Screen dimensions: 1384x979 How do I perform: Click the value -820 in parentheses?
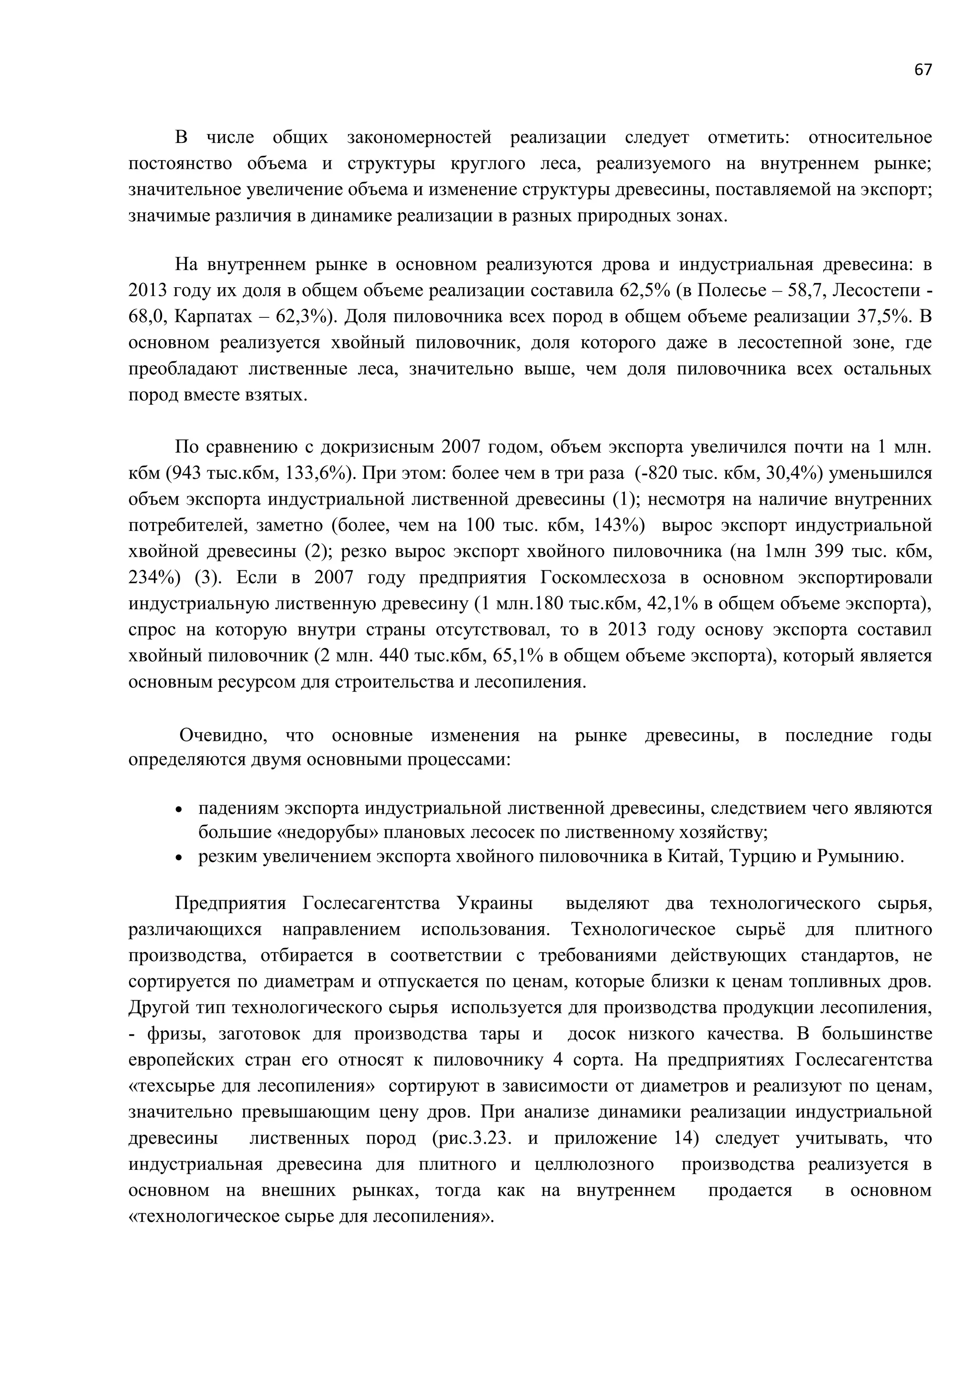[656, 473]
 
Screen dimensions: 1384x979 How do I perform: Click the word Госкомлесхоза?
[602, 577]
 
